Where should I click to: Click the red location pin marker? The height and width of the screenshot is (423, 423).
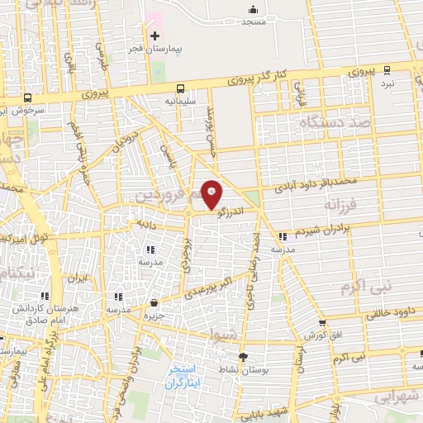pyautogui.click(x=211, y=193)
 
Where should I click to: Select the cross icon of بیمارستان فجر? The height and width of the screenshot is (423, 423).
pyautogui.click(x=154, y=36)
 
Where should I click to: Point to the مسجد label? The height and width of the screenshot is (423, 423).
pyautogui.click(x=253, y=21)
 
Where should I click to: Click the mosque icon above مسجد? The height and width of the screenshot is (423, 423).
pyautogui.click(x=253, y=9)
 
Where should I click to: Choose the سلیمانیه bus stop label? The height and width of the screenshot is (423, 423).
pyautogui.click(x=180, y=100)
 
